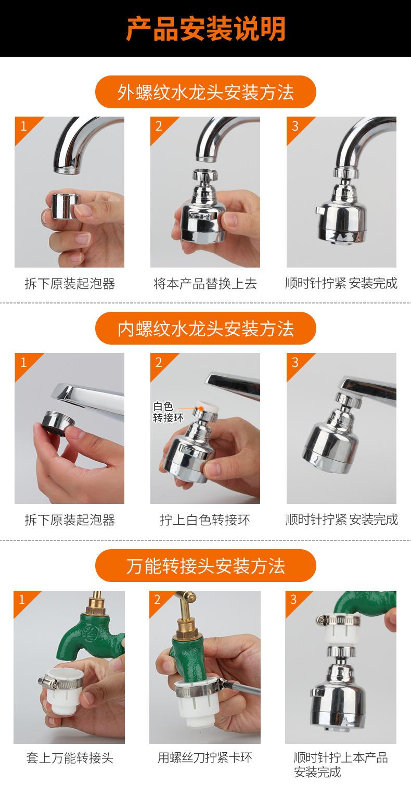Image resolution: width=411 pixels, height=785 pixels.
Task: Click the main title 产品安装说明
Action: tap(205, 29)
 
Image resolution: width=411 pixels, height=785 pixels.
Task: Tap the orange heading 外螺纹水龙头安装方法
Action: tap(205, 92)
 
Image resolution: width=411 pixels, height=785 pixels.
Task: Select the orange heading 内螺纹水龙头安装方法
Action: tap(205, 329)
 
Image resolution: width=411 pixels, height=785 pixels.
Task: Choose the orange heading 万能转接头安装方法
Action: tap(205, 566)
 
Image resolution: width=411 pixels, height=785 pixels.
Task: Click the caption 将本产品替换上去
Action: tap(205, 284)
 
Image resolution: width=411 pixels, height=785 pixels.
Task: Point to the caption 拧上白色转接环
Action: tap(205, 520)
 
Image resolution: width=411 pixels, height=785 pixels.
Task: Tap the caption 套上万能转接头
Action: tap(69, 757)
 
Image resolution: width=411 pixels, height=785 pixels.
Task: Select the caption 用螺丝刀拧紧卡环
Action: tap(205, 757)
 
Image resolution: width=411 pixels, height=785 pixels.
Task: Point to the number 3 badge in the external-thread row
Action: tap(295, 126)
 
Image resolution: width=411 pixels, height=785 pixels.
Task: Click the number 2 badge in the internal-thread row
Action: tap(159, 362)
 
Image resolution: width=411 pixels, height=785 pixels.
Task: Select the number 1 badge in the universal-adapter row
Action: tap(22, 600)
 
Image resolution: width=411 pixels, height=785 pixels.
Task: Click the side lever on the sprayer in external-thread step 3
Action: tap(319, 210)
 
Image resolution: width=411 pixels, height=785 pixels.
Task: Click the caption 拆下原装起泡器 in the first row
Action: tap(69, 284)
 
